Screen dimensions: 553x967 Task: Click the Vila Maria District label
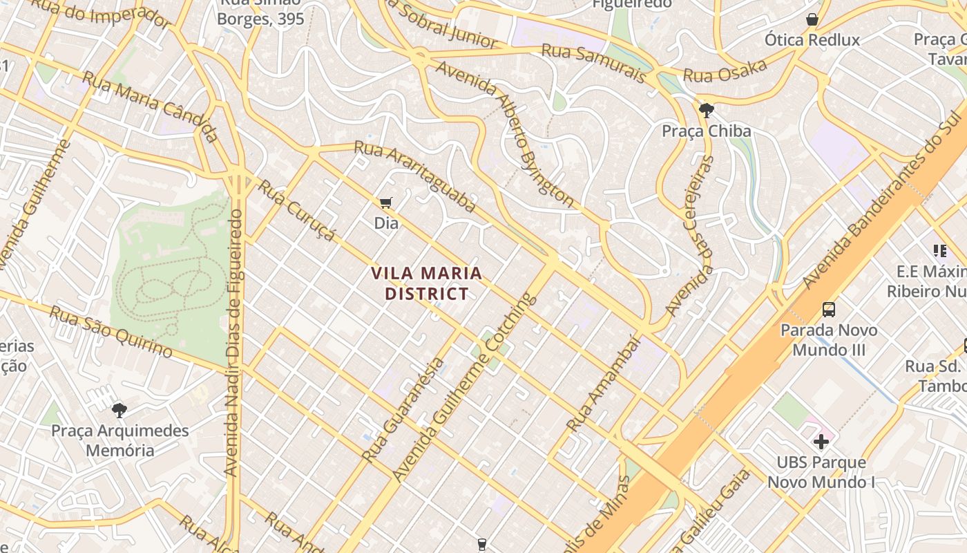tap(426, 283)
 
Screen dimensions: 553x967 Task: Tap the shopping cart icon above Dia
tap(386, 203)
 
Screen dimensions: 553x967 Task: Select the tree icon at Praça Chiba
tap(706, 110)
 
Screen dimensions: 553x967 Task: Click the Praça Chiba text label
tap(706, 131)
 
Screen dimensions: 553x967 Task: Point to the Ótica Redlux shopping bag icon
tap(812, 19)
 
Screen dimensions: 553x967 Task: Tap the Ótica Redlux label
tap(812, 39)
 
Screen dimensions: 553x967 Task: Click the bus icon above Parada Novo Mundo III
tap(829, 310)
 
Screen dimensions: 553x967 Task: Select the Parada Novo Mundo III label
tap(829, 339)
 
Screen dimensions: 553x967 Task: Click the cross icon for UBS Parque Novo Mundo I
tap(821, 442)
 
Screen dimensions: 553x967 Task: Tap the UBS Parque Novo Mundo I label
tap(821, 472)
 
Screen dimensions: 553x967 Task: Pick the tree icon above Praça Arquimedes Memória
tap(119, 410)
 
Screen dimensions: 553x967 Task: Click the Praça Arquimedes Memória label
tap(120, 440)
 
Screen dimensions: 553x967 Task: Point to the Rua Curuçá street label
tap(298, 211)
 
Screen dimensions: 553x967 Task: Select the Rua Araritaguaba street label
tap(414, 176)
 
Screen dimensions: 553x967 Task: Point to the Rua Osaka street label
tap(725, 71)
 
